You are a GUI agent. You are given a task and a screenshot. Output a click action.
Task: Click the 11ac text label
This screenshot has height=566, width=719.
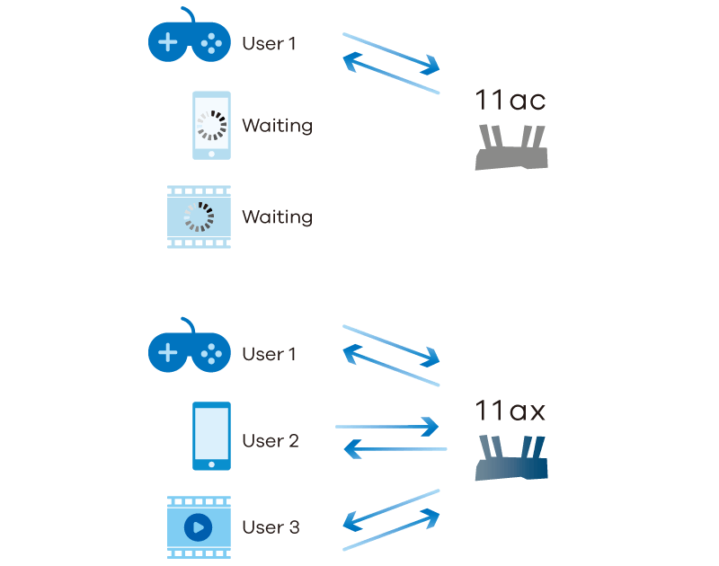click(510, 100)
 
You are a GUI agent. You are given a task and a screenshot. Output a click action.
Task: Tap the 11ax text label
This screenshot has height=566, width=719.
click(510, 411)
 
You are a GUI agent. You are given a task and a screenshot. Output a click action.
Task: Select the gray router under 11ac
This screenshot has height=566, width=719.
click(510, 148)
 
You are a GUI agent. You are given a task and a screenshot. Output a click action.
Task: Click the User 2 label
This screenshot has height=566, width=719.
click(270, 441)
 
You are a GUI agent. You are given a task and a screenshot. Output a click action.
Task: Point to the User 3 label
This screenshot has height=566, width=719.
click(271, 527)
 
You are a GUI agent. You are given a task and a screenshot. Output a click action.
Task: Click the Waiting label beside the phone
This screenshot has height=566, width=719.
click(277, 126)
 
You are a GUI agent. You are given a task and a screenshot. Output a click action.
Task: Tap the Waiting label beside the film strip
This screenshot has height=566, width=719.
click(277, 217)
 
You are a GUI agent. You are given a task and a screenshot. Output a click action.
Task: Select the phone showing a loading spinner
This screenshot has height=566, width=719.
click(211, 126)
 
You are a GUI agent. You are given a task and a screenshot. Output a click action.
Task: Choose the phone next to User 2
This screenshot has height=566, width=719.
click(211, 436)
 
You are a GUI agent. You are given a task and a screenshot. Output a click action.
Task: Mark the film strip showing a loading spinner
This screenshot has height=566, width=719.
click(199, 217)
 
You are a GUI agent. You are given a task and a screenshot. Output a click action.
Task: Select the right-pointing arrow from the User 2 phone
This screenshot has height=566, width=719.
click(386, 427)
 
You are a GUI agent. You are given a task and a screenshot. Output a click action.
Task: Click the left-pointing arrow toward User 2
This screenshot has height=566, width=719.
click(395, 448)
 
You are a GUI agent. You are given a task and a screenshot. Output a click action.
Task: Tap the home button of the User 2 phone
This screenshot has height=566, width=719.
click(211, 464)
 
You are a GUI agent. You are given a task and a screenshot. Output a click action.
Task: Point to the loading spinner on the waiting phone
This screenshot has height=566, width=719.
click(212, 125)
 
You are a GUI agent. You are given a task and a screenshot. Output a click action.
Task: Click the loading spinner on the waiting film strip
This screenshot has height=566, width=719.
click(198, 217)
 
